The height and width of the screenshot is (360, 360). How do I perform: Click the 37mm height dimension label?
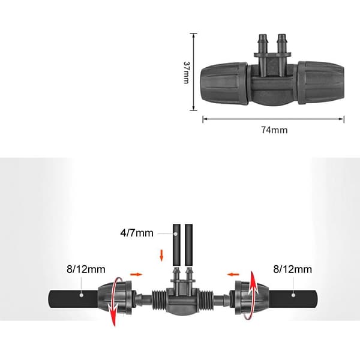(187, 73)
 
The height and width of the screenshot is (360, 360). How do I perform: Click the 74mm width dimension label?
(274, 130)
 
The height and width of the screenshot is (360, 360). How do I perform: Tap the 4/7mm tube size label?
(137, 233)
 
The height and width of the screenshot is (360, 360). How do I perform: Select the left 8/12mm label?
(86, 269)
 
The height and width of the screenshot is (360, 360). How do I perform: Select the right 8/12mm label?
(293, 269)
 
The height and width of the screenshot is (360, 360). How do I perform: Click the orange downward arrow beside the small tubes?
(161, 256)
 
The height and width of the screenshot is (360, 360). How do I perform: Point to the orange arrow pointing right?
(136, 274)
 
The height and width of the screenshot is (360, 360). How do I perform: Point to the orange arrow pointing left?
(233, 274)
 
